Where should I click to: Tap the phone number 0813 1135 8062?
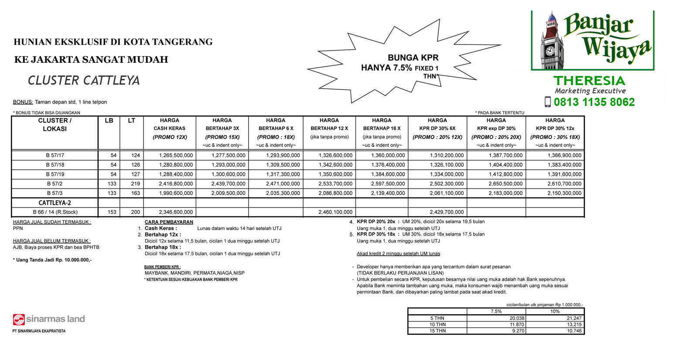[594, 102]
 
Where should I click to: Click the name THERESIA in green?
[589, 81]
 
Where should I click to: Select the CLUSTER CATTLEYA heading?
[84, 81]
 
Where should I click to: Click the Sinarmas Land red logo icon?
[19, 319]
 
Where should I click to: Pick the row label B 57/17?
[55, 155]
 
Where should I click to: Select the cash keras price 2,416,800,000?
[176, 184]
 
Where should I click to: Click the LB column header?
[109, 120]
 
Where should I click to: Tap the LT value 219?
[136, 184]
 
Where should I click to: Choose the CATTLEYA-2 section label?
[55, 203]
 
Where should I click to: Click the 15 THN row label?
[437, 331]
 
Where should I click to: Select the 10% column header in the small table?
[555, 311]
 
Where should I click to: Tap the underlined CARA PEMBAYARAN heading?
[169, 222]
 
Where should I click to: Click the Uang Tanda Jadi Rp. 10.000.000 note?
[52, 260]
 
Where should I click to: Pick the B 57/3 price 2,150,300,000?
[564, 193]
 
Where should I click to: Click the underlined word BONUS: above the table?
[23, 102]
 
